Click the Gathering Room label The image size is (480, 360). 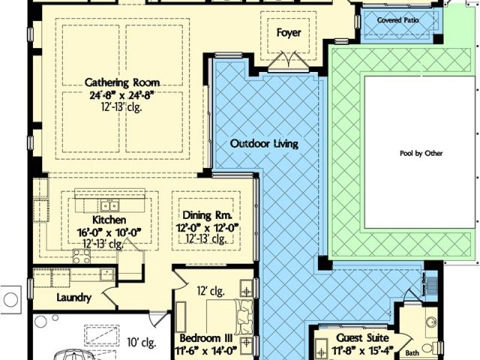122,82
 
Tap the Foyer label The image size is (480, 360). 289,33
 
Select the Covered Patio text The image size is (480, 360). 397,20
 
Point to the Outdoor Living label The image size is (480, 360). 264,143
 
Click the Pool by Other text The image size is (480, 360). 421,153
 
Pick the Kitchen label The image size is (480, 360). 109,220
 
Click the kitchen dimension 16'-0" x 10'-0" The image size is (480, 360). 109,232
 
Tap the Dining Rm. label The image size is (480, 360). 207,215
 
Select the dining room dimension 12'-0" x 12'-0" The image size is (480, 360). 207,228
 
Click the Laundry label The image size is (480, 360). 74,298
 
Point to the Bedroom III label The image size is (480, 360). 205,338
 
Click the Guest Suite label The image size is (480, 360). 362,338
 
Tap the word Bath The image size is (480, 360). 412,353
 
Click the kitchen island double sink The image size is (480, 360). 110,205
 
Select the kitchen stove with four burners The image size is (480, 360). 82,256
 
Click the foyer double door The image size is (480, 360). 289,61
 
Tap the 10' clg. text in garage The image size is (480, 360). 142,343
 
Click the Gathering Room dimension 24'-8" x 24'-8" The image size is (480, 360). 121,95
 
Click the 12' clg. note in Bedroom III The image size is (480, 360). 211,291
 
